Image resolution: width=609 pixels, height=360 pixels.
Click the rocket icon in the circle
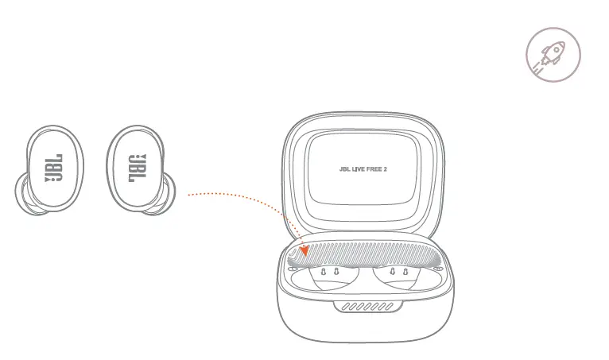point(553,56)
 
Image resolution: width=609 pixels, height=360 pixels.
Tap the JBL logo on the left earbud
point(54,168)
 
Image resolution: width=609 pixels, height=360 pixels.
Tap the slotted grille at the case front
point(364,307)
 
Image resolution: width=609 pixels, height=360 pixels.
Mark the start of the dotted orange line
point(189,193)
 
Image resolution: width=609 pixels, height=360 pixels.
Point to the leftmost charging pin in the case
point(323,273)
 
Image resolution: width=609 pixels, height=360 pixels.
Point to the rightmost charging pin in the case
point(406,273)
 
